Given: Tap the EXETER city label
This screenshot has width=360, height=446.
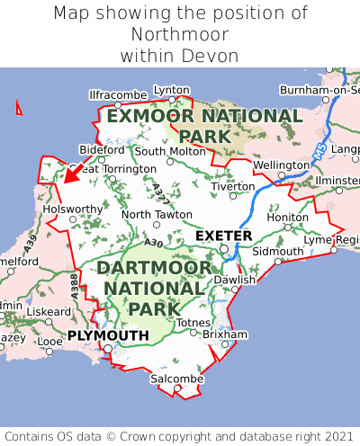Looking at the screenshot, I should tap(223, 236).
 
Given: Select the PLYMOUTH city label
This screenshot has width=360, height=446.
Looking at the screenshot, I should tap(108, 335).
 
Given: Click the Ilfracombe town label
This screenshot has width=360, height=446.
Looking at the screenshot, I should tap(118, 94).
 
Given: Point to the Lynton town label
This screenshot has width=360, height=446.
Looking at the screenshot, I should tap(172, 90).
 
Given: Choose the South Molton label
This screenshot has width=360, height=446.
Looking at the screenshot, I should tap(170, 151).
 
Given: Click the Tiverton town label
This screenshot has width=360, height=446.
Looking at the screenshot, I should tap(233, 186).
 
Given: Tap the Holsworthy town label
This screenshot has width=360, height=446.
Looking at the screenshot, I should tap(74, 209).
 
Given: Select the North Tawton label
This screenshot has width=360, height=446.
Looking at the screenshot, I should tap(157, 215).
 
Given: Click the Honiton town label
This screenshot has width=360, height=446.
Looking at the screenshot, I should tap(288, 217).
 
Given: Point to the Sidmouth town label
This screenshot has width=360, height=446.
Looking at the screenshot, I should tap(277, 250).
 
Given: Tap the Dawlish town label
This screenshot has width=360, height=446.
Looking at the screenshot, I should tap(235, 280).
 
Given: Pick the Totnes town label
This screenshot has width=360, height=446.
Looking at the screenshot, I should tap(193, 323).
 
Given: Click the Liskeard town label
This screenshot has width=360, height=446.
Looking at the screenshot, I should tap(48, 312).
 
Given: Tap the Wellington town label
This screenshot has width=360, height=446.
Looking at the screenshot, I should tap(281, 165).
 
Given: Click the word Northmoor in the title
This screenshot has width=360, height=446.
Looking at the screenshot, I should tap(180, 35).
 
